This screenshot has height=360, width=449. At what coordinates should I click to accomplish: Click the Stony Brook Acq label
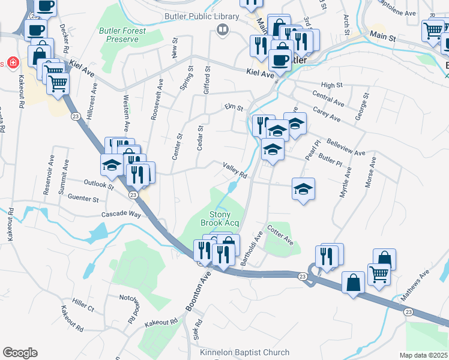click(224, 218)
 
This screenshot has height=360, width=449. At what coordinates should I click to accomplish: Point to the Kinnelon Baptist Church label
click(244, 353)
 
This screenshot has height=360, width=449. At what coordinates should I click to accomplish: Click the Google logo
click(20, 353)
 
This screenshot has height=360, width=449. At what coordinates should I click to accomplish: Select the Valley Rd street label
click(235, 170)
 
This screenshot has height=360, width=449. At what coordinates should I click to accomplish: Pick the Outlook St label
click(99, 185)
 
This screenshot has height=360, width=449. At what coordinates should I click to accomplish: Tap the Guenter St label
click(83, 198)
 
